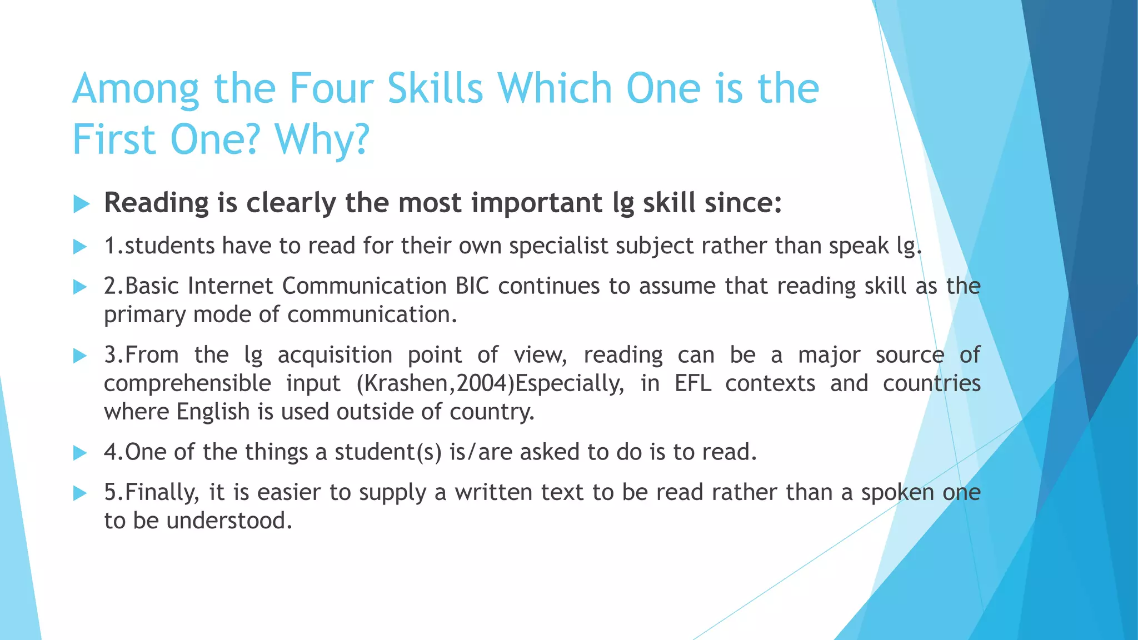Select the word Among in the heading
click(136, 89)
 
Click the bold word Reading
click(156, 203)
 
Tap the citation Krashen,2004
click(436, 383)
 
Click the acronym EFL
click(693, 383)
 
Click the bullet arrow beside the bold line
click(81, 204)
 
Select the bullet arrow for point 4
click(81, 453)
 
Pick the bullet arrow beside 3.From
click(81, 356)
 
